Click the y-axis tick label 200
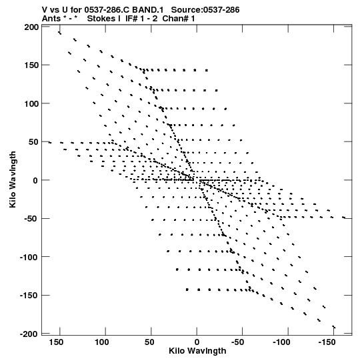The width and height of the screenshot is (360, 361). point(31,27)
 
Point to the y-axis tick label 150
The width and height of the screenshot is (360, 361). point(31,65)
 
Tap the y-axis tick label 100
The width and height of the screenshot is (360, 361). point(31,104)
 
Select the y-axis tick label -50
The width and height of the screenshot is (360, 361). point(31,219)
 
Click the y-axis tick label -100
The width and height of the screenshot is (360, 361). point(29,257)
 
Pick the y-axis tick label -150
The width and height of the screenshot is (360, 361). point(29,296)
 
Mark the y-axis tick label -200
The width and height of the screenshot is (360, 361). point(29,334)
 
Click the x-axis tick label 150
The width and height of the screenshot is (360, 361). point(56,342)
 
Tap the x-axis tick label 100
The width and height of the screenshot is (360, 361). point(102,342)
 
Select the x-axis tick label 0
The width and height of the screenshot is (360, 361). point(197,342)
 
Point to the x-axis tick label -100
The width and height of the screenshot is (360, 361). point(281,342)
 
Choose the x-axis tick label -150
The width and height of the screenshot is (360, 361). point(327,342)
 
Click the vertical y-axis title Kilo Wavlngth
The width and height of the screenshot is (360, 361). point(13,179)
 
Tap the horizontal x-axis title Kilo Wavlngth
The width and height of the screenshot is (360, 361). point(197,351)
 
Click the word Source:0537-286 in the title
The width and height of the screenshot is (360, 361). point(205,10)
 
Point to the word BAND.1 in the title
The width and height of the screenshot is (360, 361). point(148,10)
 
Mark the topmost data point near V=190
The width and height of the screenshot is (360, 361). point(59,33)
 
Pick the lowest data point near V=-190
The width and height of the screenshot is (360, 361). point(334,327)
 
